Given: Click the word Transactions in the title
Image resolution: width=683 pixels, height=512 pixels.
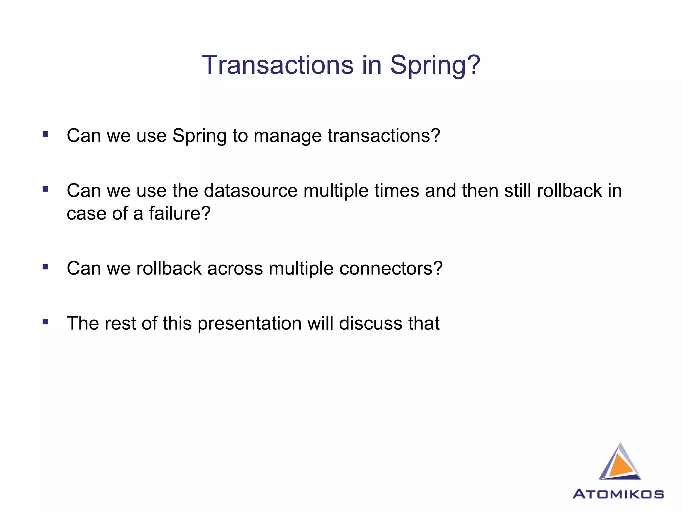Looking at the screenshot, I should click(277, 65).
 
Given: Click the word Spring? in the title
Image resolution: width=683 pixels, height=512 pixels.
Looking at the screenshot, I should click(435, 65).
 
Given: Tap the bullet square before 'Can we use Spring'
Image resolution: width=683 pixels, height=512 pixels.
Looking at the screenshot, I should click(46, 134).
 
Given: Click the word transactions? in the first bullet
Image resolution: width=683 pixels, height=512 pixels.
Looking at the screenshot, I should click(384, 136).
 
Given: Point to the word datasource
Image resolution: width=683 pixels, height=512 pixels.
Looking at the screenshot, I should click(250, 191).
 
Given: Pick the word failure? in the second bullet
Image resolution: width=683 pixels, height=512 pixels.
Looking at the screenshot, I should click(180, 213).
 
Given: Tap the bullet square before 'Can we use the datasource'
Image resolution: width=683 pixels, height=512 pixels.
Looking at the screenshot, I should click(46, 189).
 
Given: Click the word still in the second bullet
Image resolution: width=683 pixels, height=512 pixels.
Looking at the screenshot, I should click(518, 191).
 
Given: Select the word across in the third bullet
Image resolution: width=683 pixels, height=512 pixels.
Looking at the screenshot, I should click(235, 268).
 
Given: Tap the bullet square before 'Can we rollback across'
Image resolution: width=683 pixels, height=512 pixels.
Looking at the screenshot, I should click(46, 267).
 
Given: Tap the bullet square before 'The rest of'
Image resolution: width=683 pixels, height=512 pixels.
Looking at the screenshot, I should click(46, 322).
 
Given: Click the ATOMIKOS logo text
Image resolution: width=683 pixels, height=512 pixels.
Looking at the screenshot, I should click(618, 494).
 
